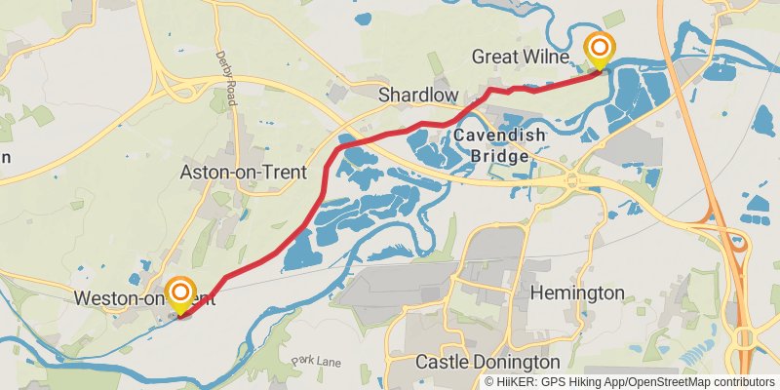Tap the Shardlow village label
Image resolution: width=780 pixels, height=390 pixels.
pyautogui.click(x=418, y=95)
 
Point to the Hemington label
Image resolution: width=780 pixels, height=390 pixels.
pyautogui.click(x=577, y=292)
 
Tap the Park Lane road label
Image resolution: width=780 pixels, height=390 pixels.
pyautogui.click(x=317, y=362)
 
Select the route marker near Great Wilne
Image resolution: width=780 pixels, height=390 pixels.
pyautogui.click(x=600, y=48)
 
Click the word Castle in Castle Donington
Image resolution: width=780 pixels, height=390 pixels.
pyautogui.click(x=441, y=362)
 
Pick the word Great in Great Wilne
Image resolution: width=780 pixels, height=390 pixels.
pyautogui.click(x=493, y=57)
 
